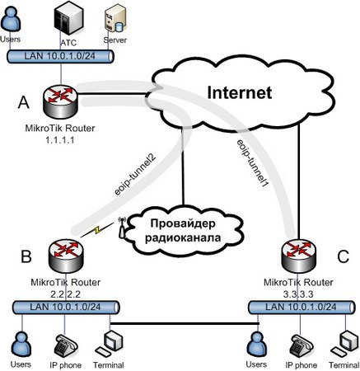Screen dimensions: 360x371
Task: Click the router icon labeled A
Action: [60, 101]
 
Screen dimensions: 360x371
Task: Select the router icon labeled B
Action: [66, 256]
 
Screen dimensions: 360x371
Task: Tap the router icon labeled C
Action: [299, 256]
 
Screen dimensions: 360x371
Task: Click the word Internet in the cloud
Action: [240, 92]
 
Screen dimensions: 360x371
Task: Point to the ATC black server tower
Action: [68, 19]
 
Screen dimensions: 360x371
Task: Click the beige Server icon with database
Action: [115, 20]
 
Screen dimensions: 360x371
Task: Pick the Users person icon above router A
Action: [11, 20]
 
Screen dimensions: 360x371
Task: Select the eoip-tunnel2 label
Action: [136, 175]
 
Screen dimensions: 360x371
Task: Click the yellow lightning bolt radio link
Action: [97, 230]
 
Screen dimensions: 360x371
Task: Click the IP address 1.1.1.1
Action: [60, 140]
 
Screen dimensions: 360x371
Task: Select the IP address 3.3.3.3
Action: [298, 294]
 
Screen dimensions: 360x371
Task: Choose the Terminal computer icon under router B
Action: [109, 343]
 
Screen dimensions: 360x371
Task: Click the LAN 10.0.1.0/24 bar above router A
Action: [60, 56]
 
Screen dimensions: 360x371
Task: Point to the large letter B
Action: [26, 256]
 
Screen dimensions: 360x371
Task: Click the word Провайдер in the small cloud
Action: [183, 224]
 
